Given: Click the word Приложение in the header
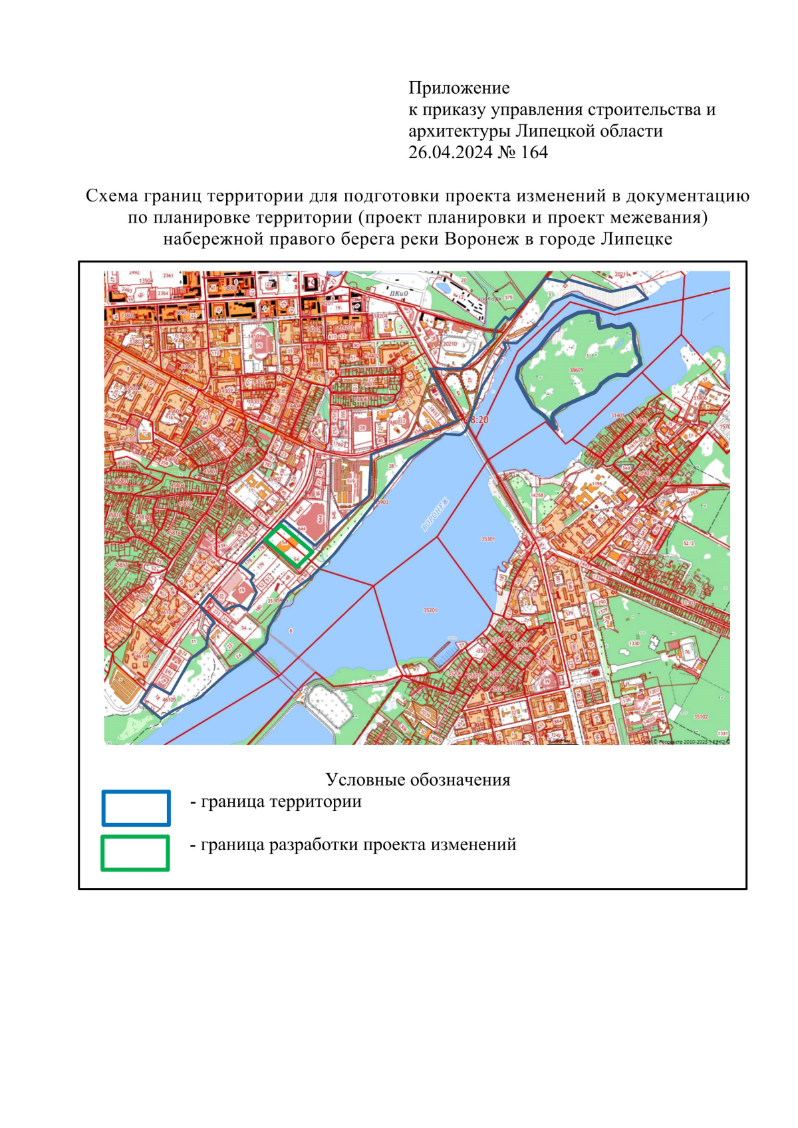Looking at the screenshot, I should [459, 88].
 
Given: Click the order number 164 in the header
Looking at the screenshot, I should [534, 153].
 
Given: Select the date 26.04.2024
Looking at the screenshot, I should [450, 153].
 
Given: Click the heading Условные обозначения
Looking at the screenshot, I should [418, 780].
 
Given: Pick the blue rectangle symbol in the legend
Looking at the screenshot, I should [136, 808].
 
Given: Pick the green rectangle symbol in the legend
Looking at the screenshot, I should [135, 853].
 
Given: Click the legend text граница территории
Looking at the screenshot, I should [281, 802].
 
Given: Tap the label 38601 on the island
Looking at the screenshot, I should [576, 370].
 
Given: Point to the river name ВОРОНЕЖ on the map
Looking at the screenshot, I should [436, 514].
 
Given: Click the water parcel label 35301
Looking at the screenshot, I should [487, 539].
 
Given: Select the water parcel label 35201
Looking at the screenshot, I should [430, 610].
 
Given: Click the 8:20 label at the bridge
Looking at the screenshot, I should [478, 420].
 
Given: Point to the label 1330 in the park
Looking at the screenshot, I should [634, 643].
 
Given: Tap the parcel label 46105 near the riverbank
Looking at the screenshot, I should [169, 699].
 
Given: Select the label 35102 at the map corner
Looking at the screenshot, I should [701, 717].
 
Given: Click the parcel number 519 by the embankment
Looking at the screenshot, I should [350, 481].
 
